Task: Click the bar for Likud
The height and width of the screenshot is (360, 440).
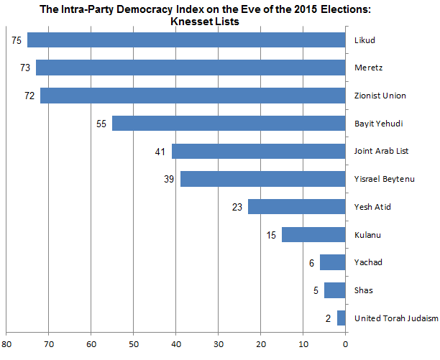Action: [186, 40]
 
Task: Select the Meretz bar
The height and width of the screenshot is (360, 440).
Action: [191, 68]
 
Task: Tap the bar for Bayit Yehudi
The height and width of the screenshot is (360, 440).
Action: [229, 124]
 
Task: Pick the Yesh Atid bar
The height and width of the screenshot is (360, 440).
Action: [296, 207]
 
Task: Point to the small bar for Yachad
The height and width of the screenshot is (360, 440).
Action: [332, 262]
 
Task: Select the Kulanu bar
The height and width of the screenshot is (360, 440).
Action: [313, 235]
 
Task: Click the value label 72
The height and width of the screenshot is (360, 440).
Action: [29, 96]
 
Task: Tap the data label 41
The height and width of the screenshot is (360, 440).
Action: [160, 152]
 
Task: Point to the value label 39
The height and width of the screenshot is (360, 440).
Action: [169, 179]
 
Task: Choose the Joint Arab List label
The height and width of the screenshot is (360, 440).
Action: [382, 152]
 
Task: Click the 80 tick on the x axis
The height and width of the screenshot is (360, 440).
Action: [6, 343]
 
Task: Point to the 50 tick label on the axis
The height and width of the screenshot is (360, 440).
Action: [134, 343]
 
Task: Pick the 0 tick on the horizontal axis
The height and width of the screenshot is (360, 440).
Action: [346, 343]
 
